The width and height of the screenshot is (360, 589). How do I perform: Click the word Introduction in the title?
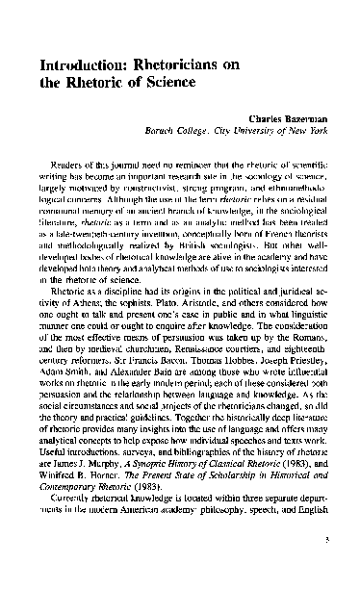(x=76, y=64)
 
